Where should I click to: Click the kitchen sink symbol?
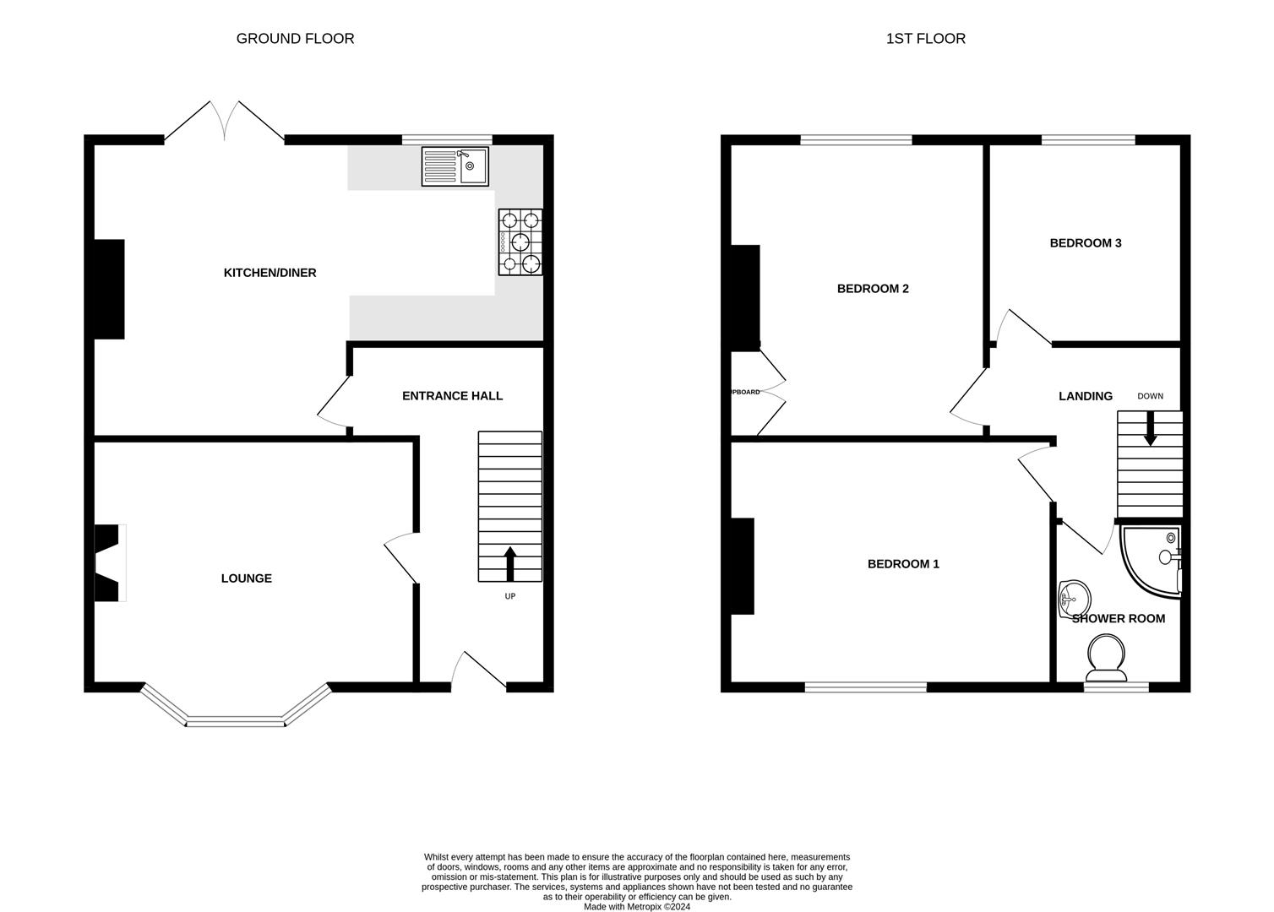click(x=455, y=166)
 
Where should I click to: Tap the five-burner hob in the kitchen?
click(x=520, y=242)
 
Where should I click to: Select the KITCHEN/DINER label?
click(x=269, y=273)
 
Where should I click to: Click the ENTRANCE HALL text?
click(x=452, y=395)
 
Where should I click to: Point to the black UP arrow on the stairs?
click(x=510, y=563)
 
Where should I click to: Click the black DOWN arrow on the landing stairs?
click(x=1150, y=428)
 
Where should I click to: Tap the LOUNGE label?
click(x=247, y=578)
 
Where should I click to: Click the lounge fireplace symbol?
click(x=109, y=563)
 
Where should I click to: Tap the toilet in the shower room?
click(x=1106, y=659)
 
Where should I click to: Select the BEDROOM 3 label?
click(x=1086, y=243)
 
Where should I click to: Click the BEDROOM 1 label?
click(x=903, y=564)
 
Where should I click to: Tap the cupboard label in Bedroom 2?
click(x=745, y=392)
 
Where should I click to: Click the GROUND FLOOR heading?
click(x=295, y=39)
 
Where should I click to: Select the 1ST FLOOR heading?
click(x=925, y=39)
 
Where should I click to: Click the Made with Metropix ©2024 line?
click(x=637, y=906)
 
